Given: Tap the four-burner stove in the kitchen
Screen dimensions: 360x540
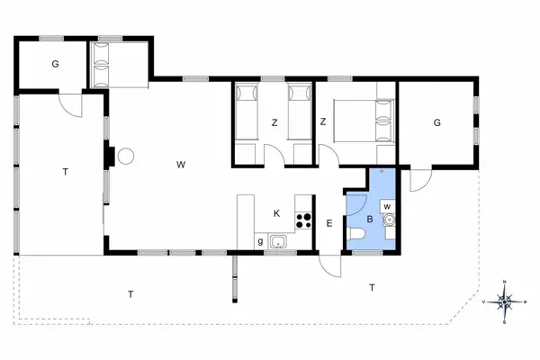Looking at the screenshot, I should click(x=303, y=220).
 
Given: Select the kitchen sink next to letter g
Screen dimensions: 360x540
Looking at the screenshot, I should click(x=277, y=241).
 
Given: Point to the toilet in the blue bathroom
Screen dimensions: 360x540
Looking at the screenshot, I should click(x=358, y=236).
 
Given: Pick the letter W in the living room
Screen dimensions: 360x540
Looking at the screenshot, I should click(x=181, y=164).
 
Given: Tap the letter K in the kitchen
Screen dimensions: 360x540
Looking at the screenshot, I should click(x=277, y=213).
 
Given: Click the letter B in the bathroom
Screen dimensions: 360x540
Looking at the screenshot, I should click(x=369, y=219).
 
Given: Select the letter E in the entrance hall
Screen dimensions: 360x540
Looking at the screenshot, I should click(x=330, y=223).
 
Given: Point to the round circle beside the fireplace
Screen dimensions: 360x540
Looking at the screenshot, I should click(x=126, y=156).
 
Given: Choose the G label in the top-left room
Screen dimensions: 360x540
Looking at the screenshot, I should click(x=55, y=64).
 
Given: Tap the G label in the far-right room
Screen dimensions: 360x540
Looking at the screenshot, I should click(x=436, y=122).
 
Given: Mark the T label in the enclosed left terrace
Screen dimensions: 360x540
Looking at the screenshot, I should click(x=65, y=171).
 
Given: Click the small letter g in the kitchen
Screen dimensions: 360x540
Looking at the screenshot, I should click(x=260, y=241).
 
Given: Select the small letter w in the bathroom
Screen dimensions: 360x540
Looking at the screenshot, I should click(x=387, y=206).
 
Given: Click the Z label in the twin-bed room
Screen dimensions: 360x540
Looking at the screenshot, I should click(x=274, y=122).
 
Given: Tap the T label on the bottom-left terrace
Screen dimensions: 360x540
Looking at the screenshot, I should click(x=130, y=293).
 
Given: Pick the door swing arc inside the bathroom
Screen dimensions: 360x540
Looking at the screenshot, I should click(x=354, y=202).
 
